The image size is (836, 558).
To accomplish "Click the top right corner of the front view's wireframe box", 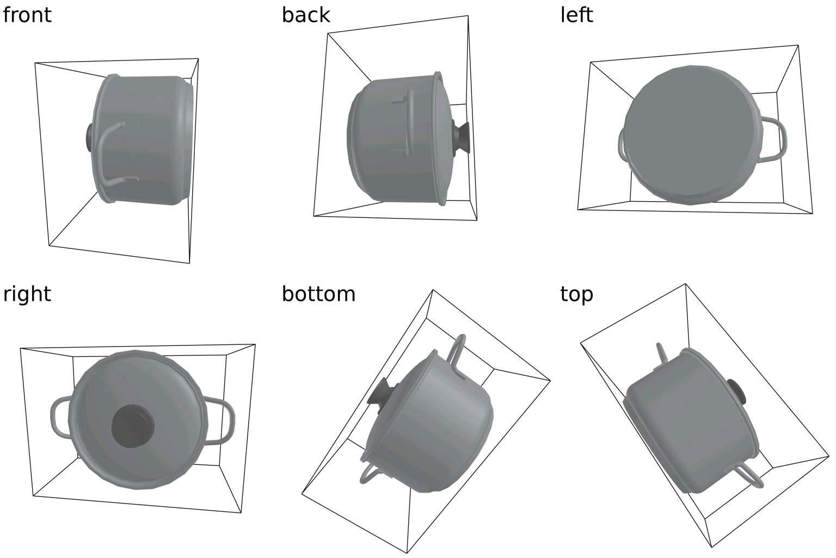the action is (x=198, y=59).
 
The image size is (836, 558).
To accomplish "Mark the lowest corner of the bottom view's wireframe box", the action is (x=407, y=553).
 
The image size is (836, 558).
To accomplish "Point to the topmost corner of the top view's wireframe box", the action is (x=685, y=284).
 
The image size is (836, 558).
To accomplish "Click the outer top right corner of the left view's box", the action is (x=798, y=45).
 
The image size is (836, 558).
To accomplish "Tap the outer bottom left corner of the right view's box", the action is (x=33, y=496).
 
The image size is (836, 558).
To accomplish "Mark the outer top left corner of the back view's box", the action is (x=328, y=34).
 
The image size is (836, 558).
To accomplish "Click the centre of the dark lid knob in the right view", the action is (x=133, y=426).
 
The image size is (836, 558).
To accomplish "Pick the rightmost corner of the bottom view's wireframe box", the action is (x=550, y=380).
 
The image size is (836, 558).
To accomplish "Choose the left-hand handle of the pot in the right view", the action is (x=60, y=417).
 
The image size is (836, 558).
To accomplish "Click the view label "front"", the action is (x=27, y=15).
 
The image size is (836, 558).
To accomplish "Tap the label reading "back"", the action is (x=306, y=15).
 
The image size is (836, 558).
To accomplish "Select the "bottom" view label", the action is (x=319, y=294).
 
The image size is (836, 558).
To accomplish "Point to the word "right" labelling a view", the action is (x=27, y=294).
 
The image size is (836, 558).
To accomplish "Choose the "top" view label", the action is (x=576, y=295).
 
